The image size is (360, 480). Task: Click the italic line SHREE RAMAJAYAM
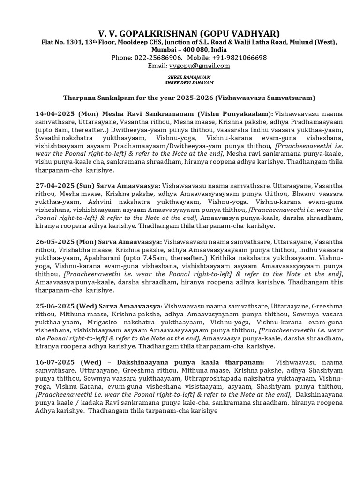point(189,76)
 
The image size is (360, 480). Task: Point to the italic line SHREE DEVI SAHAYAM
point(189,82)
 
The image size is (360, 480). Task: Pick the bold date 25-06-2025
point(55,305)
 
